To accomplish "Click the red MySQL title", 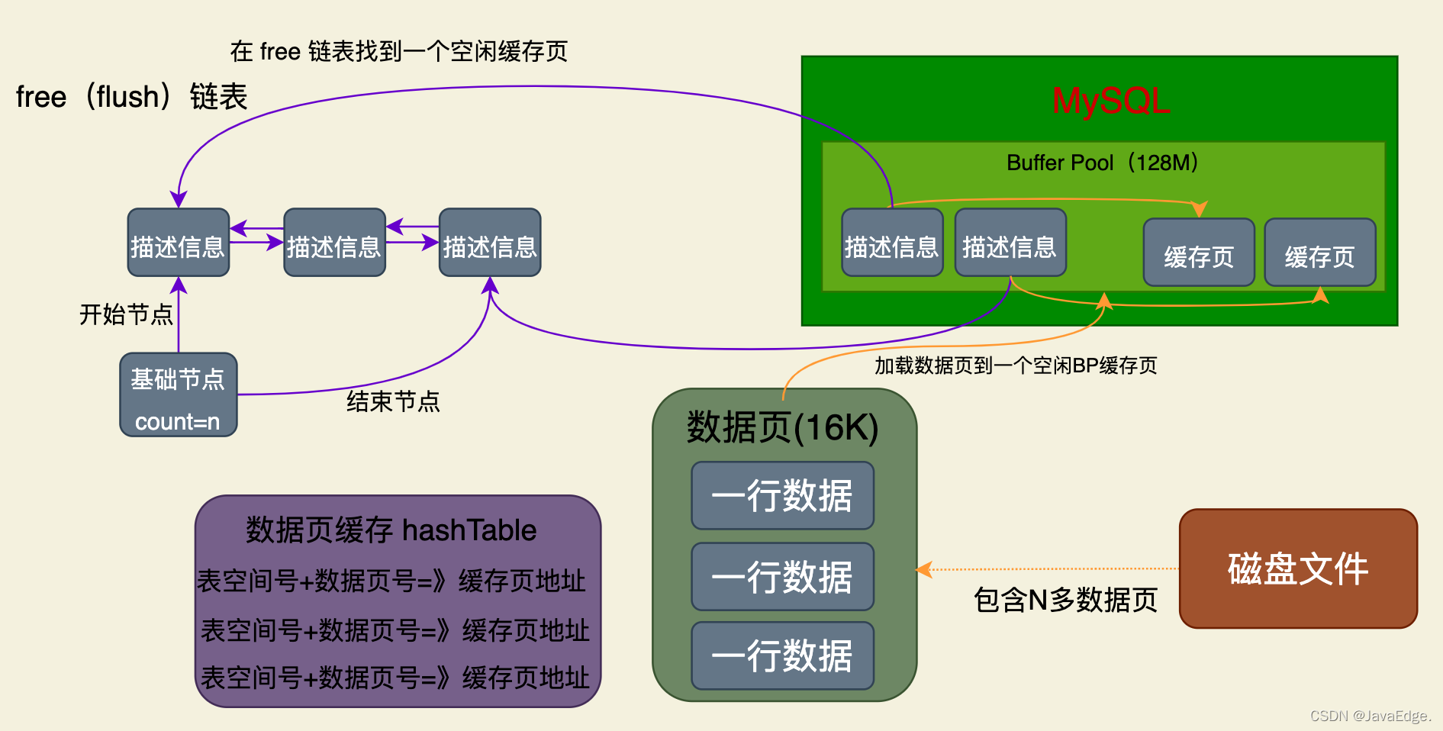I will pyautogui.click(x=1110, y=101).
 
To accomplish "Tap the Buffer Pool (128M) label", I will pyautogui.click(x=1103, y=163).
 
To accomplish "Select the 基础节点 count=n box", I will pyautogui.click(x=178, y=394).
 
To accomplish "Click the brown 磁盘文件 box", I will pyautogui.click(x=1298, y=569).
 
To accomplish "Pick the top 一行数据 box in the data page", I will pyautogui.click(x=782, y=496).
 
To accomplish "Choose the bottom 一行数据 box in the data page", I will pyautogui.click(x=782, y=656).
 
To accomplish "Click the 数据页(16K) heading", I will pyautogui.click(x=783, y=427).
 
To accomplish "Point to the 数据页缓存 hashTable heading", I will pyautogui.click(x=391, y=530).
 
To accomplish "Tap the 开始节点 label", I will pyautogui.click(x=126, y=314).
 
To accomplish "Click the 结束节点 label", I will pyautogui.click(x=393, y=401).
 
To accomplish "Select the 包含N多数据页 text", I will pyautogui.click(x=1065, y=600).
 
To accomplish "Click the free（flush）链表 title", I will pyautogui.click(x=131, y=97).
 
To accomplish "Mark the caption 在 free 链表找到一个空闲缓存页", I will pyautogui.click(x=398, y=51).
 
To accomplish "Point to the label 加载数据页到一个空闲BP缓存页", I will pyautogui.click(x=1016, y=365).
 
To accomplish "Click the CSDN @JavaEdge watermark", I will pyautogui.click(x=1370, y=716).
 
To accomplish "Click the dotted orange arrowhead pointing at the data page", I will pyautogui.click(x=923, y=569).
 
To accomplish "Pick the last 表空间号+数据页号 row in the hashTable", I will pyautogui.click(x=395, y=678).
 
